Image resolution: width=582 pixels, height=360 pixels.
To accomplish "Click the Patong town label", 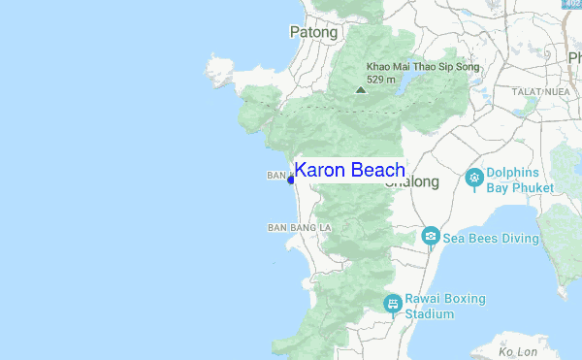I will [x=313, y=32].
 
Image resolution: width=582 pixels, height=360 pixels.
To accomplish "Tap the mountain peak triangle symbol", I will [x=361, y=89].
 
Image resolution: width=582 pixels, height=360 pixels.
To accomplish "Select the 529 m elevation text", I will [x=380, y=80].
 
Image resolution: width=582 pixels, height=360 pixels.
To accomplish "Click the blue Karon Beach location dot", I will [x=290, y=180].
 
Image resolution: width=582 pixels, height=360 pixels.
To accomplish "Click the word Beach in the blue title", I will [x=375, y=170].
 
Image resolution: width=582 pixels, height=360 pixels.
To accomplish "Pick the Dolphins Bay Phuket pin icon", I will [x=474, y=177].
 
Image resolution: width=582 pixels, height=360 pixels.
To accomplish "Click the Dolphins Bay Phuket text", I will [x=520, y=180].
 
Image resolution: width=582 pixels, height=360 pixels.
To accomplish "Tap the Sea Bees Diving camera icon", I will [x=431, y=236].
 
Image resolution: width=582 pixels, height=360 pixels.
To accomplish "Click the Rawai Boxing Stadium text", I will [x=444, y=307].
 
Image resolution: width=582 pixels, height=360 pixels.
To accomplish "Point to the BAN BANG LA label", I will [x=299, y=227].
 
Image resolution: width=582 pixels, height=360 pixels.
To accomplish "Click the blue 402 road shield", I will [x=572, y=5].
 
